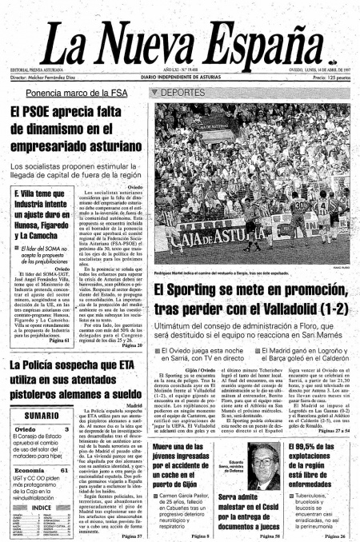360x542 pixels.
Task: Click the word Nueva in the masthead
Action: coord(174,46)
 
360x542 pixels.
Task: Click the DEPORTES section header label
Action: coord(180,93)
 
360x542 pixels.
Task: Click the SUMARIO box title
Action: coord(38,417)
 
